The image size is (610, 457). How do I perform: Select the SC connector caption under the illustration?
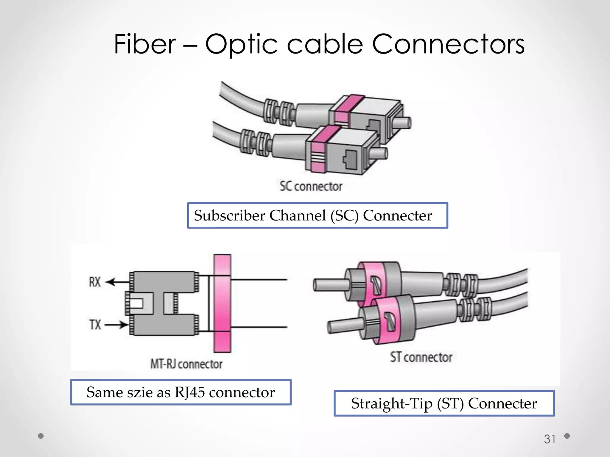coord(311,186)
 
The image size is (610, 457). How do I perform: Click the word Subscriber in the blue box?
coord(229,215)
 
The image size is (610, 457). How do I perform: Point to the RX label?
coord(95,282)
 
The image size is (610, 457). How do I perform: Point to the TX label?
coord(95,324)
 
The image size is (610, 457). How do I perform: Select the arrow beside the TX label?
coord(116,325)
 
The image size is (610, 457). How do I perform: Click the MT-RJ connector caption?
coord(186,364)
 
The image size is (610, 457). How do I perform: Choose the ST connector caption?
coord(421,357)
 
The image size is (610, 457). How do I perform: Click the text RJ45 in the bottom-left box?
coord(189,392)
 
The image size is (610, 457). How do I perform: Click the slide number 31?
coord(550,439)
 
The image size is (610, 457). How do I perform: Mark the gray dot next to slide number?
coord(567,436)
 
